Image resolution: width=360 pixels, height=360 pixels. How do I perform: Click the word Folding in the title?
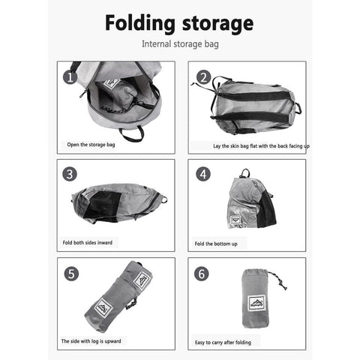click(140, 23)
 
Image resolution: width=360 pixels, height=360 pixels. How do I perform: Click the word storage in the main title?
click(217, 24)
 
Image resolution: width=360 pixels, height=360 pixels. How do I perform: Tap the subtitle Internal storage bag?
click(180, 44)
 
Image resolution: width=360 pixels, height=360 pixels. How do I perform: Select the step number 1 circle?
click(70, 77)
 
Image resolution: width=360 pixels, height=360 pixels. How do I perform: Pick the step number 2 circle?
click(203, 77)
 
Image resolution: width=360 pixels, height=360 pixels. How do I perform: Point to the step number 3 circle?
click(70, 174)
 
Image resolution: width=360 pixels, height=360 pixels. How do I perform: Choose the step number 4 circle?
click(203, 174)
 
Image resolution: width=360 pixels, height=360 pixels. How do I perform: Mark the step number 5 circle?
click(71, 274)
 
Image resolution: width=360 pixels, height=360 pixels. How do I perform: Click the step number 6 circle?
click(202, 274)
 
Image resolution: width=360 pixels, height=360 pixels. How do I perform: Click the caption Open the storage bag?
click(91, 145)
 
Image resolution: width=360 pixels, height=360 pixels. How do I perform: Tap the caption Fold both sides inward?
click(88, 242)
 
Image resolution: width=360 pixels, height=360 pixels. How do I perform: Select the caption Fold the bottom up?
click(216, 244)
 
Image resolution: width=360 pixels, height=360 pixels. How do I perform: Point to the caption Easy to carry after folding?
click(223, 342)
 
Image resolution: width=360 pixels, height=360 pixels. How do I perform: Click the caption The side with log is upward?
click(91, 341)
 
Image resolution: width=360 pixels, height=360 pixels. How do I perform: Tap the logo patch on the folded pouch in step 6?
click(256, 303)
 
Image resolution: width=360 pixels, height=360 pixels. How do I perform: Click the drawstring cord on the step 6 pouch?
click(278, 280)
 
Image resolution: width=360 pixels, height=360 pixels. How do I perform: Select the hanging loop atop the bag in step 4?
click(244, 173)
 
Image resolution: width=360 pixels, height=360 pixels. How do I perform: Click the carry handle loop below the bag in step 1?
click(132, 134)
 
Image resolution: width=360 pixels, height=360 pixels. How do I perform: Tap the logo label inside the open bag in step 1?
click(112, 84)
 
